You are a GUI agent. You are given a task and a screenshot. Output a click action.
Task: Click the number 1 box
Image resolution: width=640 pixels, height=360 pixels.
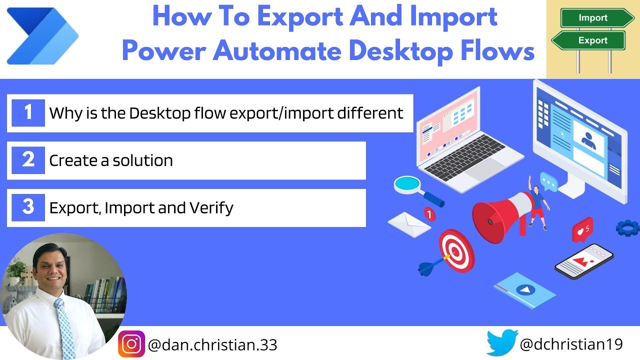tap(28, 112)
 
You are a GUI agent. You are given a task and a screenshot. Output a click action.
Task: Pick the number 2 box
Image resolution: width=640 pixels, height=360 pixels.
tap(28, 160)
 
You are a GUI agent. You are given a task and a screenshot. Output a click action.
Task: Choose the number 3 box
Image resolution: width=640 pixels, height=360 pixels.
tap(28, 207)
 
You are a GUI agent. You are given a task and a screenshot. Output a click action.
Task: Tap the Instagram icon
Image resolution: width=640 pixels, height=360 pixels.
tap(131, 344)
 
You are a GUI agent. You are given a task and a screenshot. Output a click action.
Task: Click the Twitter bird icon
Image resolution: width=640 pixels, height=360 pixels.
tap(502, 342)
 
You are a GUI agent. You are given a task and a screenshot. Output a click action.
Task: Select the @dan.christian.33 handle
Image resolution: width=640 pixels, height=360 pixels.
tap(212, 345)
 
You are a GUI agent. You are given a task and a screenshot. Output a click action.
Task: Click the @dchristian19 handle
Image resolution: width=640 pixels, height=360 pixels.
tap(571, 344)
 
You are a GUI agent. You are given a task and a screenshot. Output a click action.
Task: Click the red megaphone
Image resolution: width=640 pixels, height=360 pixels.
tap(497, 215)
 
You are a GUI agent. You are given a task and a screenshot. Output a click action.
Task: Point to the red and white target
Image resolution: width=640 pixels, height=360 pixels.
tap(456, 250)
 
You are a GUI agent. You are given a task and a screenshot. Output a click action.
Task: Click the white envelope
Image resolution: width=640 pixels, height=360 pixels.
tap(409, 223)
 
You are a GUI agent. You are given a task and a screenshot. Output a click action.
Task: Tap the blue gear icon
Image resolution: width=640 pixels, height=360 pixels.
tap(627, 227)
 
